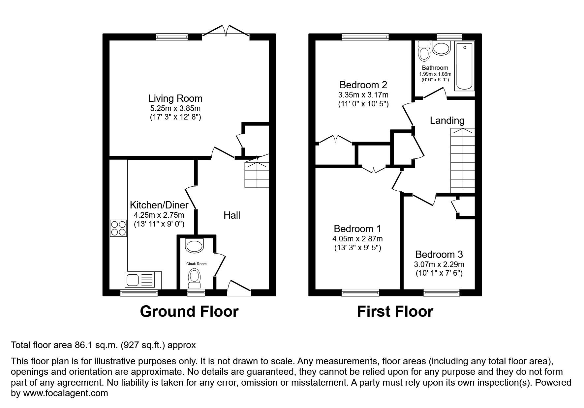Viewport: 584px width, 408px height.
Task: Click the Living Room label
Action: click(x=175, y=98)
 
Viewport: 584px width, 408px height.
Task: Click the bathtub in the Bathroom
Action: click(x=464, y=66)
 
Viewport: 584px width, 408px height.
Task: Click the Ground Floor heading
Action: click(x=189, y=312)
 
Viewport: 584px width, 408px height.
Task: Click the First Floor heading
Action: click(x=395, y=312)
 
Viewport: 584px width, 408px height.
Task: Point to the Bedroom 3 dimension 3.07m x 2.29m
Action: click(x=439, y=264)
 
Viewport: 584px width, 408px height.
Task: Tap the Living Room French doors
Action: click(x=226, y=31)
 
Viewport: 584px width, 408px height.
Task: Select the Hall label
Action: click(x=231, y=215)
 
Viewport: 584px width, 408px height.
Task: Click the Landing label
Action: click(x=447, y=121)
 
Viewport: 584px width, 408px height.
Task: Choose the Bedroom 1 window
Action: click(x=360, y=292)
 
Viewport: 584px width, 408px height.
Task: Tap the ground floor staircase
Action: click(x=257, y=175)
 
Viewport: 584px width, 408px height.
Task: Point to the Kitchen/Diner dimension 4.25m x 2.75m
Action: click(x=159, y=215)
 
